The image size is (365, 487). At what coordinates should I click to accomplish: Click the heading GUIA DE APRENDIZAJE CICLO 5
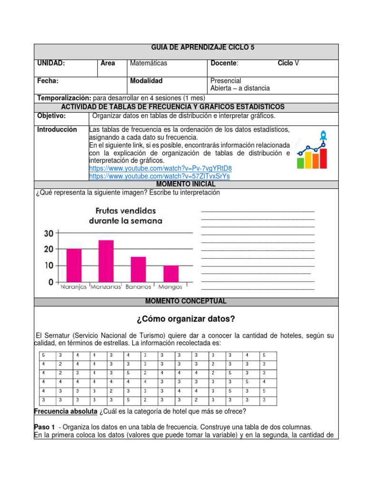202,48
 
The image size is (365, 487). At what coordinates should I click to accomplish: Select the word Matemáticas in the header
149,63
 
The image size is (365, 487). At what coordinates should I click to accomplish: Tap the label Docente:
224,63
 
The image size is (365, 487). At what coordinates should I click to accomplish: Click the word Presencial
226,81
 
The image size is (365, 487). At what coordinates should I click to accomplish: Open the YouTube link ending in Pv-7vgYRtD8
161,169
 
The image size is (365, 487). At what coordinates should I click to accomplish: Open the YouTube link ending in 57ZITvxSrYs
160,176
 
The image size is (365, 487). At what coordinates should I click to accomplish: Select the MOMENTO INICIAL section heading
186,184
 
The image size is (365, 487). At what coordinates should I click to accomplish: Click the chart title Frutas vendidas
125,210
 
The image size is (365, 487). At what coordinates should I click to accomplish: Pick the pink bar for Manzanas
106,261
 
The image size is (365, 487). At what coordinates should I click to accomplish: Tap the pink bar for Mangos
171,274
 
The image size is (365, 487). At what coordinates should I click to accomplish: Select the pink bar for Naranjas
74,265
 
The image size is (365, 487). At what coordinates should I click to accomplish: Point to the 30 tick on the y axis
49,233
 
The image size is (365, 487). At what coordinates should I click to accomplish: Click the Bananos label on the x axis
138,287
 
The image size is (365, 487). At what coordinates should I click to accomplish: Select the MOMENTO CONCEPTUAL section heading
186,302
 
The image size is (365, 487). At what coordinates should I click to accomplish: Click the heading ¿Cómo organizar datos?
186,319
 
